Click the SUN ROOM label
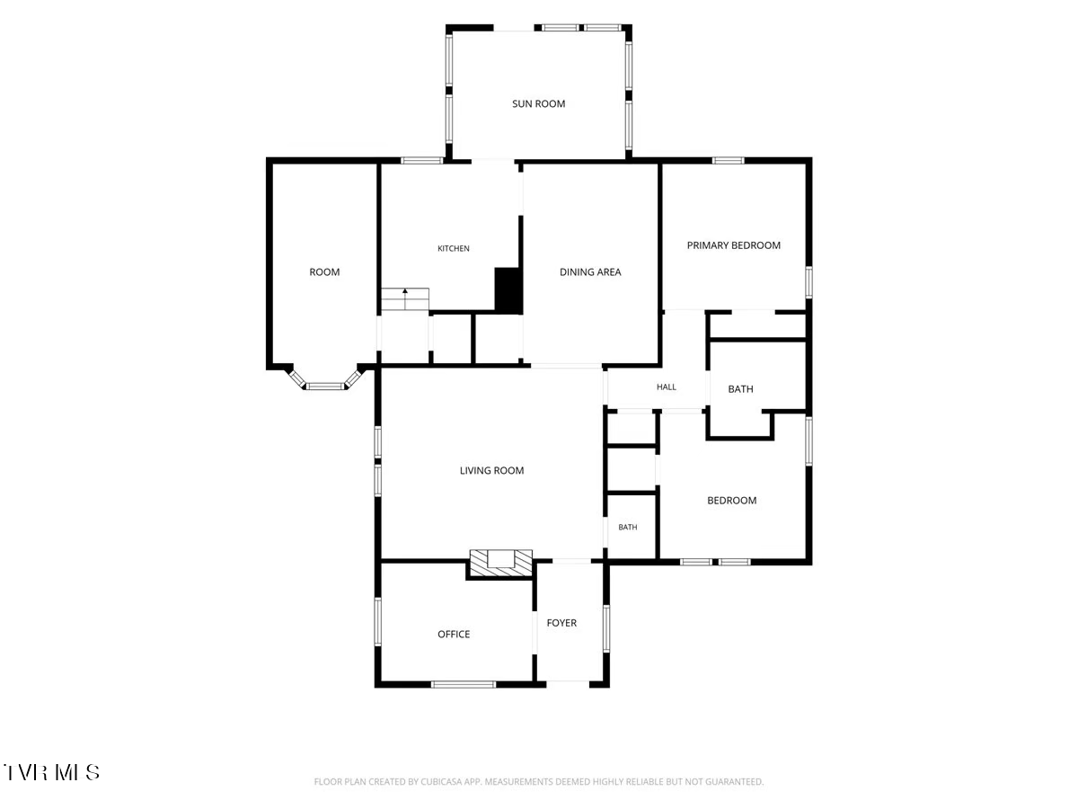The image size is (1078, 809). tap(538, 103)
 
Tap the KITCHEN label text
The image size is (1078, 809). tap(454, 249)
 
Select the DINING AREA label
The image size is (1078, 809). tap(590, 272)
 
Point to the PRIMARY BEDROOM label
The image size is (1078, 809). tap(733, 245)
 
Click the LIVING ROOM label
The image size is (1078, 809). tap(491, 470)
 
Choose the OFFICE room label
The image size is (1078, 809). tap(454, 634)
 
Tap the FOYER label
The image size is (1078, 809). tap(561, 623)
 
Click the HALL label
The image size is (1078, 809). tap(667, 387)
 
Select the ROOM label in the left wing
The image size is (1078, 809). tap(324, 272)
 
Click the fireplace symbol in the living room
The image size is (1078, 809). tap(501, 563)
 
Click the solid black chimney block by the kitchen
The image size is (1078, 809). tap(508, 290)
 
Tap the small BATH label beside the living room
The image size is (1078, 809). tap(628, 527)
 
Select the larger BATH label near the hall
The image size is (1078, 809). tap(740, 389)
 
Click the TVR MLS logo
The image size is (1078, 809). tap(51, 772)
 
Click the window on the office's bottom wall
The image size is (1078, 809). tap(464, 684)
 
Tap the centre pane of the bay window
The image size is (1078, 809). tap(324, 387)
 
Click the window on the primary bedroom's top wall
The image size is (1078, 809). tap(728, 160)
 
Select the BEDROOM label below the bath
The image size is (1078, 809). tap(732, 501)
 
